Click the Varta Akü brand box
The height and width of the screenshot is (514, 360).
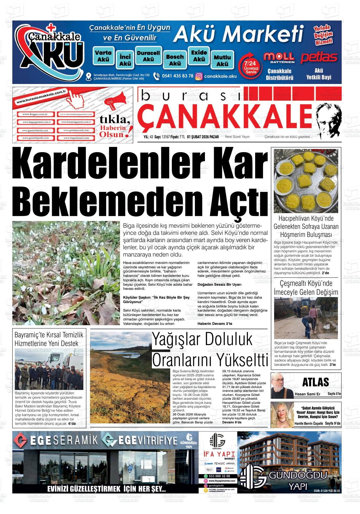point(103,56)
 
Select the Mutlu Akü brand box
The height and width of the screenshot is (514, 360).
point(222,60)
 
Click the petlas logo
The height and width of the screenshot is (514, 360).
point(319,58)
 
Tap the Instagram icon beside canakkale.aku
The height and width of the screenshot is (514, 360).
point(199,76)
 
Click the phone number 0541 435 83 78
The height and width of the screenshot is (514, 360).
point(177,76)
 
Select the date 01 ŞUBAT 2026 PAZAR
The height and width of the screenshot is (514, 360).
point(203,137)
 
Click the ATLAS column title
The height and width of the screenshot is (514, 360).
point(315,382)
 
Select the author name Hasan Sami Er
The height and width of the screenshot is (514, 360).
point(307,394)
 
